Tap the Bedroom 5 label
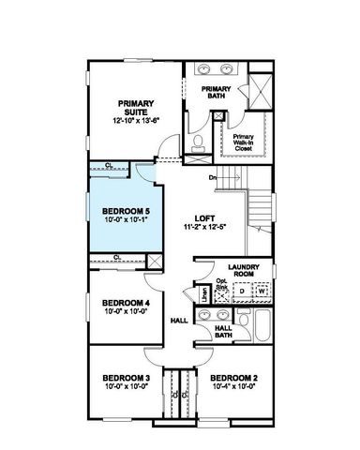(125, 212)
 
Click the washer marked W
(262, 292)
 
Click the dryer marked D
(242, 292)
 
